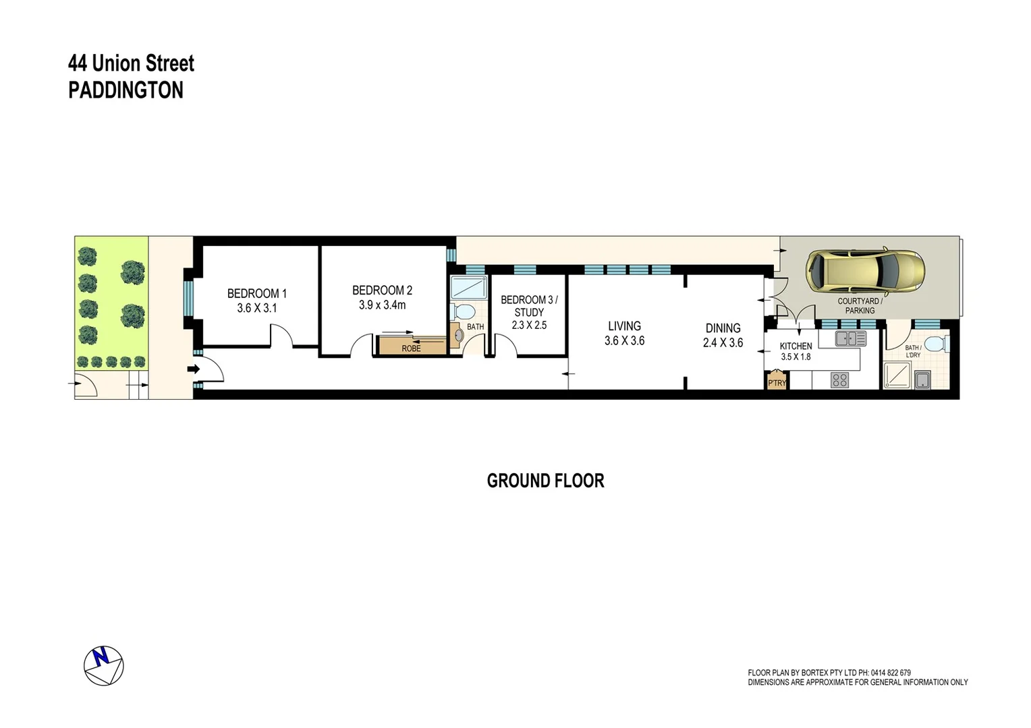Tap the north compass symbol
103,665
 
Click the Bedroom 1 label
256,293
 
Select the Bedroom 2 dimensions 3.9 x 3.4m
382,305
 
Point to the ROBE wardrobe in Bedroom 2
411,346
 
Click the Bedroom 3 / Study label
529,306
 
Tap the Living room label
624,326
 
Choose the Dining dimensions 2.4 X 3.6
723,342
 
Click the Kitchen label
796,346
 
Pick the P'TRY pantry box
777,382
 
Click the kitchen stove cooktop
839,380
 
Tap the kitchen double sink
850,338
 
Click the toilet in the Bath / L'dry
936,344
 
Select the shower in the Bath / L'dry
897,375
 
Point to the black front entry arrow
194,369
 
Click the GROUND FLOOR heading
545,481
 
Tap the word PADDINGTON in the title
126,90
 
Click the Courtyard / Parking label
859,306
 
